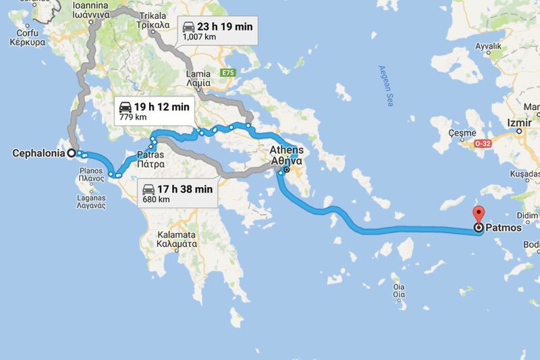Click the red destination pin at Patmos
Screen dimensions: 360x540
click(479, 215)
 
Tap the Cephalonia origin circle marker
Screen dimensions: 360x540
click(72, 153)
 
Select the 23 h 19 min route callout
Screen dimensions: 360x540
click(218, 31)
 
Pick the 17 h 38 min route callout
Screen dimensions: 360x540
click(178, 194)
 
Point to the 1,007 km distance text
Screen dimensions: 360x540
click(200, 38)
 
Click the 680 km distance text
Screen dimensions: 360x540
click(156, 200)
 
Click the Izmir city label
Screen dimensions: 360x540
click(519, 123)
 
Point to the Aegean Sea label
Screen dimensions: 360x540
click(385, 87)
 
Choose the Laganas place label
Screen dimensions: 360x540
click(88, 200)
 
